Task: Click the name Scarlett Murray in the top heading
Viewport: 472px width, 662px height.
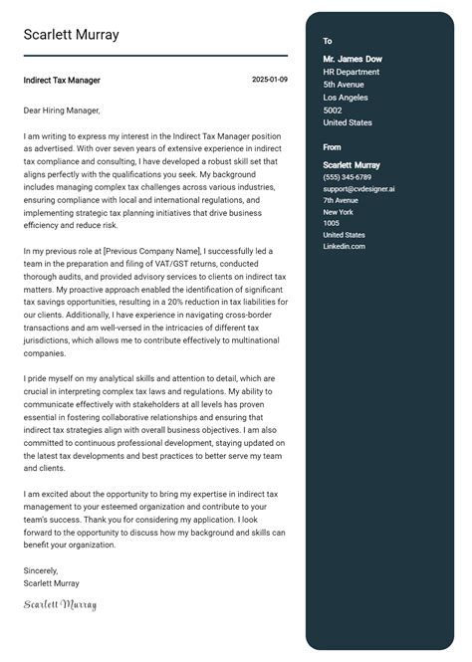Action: point(71,35)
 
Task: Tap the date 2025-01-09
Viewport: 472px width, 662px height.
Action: point(270,80)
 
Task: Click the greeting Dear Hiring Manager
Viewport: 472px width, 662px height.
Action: point(62,110)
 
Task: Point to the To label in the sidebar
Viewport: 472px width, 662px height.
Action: point(328,41)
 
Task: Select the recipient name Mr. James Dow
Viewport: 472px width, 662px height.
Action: point(353,59)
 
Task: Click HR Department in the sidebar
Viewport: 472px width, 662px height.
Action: point(351,72)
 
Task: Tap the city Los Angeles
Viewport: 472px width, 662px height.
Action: point(347,98)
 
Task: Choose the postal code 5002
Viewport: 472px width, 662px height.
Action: point(333,110)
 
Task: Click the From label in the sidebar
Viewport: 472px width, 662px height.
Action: point(332,147)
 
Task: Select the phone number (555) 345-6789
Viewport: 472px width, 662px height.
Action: point(347,176)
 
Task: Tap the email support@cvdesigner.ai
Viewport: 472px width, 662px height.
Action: point(358,188)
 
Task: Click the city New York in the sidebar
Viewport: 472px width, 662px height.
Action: point(339,211)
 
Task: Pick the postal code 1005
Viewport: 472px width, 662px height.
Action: point(331,223)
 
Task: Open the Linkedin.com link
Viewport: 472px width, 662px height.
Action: point(344,246)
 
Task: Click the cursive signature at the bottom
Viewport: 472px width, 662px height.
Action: point(60,604)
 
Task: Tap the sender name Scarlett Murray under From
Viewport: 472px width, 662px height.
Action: point(352,164)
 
